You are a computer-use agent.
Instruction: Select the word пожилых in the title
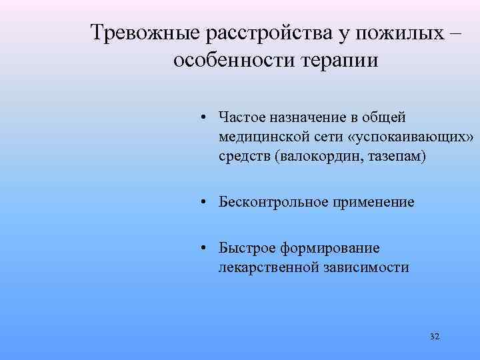[398, 32]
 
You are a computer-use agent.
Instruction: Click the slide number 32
[435, 337]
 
